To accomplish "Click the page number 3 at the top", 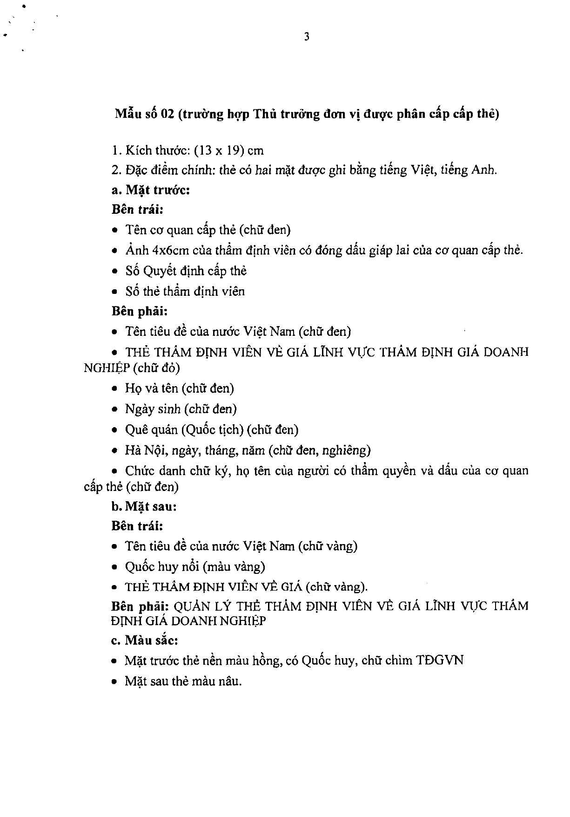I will [x=307, y=37].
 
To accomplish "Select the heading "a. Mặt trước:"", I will [x=150, y=190].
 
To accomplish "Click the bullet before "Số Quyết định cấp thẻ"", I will [x=115, y=272].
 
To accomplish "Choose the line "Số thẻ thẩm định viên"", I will [x=185, y=292].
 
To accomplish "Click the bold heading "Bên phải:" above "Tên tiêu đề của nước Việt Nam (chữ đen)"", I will [x=139, y=311].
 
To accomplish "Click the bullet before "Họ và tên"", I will [x=115, y=389].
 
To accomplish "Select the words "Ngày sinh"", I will [x=153, y=409].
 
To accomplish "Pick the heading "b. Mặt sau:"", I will [x=144, y=506].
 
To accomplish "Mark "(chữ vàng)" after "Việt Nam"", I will [x=328, y=546].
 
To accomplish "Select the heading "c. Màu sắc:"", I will [x=145, y=640].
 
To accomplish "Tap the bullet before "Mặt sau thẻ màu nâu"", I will [x=115, y=682].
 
